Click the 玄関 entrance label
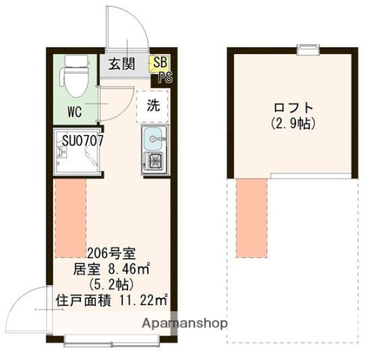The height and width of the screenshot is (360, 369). point(121,64)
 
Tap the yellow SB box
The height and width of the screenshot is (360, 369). point(160,63)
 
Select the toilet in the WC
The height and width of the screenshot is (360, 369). point(73,82)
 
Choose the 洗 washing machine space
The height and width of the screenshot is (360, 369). point(153,106)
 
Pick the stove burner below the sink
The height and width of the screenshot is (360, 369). point(154,161)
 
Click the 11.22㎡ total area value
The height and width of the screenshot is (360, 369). point(145,301)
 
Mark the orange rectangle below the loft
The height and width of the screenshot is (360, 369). point(252,212)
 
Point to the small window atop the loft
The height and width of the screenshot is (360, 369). point(307,49)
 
